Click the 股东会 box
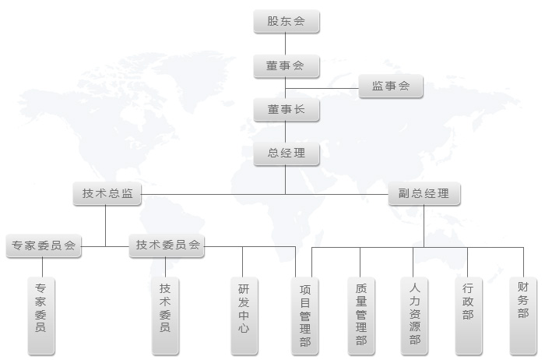287,22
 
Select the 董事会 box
287,65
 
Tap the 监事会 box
391,86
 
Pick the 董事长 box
287,110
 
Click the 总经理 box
287,154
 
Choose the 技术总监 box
107,193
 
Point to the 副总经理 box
424,193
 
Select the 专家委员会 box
44,246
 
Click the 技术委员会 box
167,245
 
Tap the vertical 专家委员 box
41,316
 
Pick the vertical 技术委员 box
165,316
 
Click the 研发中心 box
244,316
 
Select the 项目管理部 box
305,316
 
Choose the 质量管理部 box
361,316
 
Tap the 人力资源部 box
414,316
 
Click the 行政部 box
469,316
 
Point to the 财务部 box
523,316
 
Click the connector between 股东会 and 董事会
286,44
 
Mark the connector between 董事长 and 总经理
286,132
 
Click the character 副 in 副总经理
404,193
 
